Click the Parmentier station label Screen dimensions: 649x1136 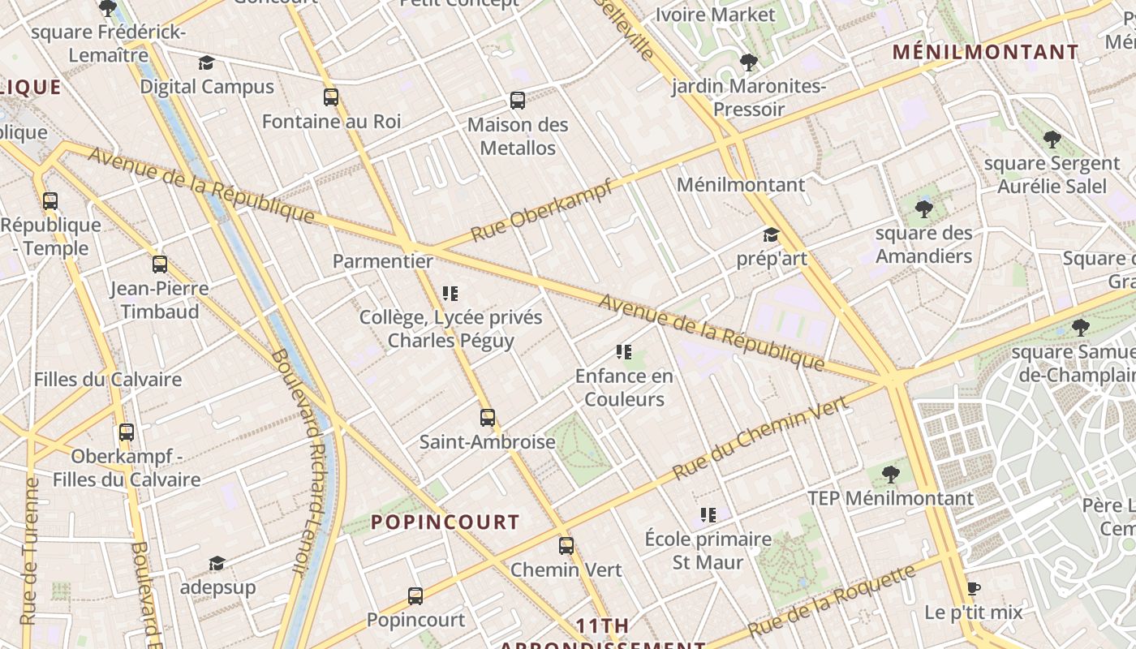click(382, 262)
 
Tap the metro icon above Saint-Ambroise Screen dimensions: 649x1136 click(487, 418)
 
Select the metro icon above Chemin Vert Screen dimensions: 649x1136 click(566, 546)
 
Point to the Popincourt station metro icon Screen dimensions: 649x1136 click(415, 596)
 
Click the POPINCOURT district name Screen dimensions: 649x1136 click(445, 522)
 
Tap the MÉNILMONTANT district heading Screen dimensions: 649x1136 click(986, 53)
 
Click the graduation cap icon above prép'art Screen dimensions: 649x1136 click(771, 235)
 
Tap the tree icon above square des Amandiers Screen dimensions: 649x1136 click(923, 209)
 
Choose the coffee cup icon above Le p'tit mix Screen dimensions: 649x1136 click(974, 588)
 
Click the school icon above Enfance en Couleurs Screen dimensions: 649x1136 click(623, 352)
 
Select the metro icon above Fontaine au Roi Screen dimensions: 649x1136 click(331, 97)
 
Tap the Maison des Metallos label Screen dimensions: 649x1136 click(518, 136)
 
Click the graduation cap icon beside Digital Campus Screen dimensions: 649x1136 click(206, 63)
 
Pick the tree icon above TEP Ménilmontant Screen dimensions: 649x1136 click(890, 474)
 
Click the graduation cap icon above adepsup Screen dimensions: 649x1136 click(217, 563)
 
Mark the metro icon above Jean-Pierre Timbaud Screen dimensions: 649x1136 click(160, 264)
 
